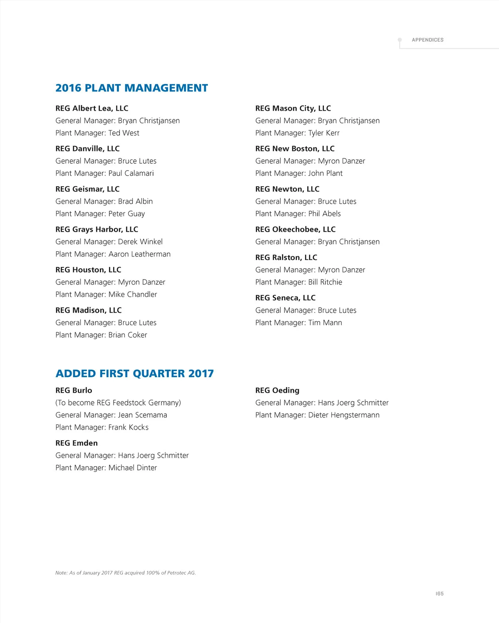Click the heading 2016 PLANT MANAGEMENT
pyautogui.click(x=131, y=88)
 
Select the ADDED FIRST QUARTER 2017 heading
pyautogui.click(x=134, y=373)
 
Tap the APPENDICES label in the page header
pyautogui.click(x=427, y=40)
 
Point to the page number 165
pyautogui.click(x=440, y=593)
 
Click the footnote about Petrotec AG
pyautogui.click(x=126, y=573)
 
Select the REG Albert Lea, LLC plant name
pyautogui.click(x=92, y=109)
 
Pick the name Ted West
pyautogui.click(x=124, y=133)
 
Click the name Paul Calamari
pyautogui.click(x=131, y=173)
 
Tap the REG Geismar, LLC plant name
pyautogui.click(x=87, y=189)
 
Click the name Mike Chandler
pyautogui.click(x=133, y=294)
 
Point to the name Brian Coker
pyautogui.click(x=128, y=335)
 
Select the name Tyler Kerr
pyautogui.click(x=324, y=133)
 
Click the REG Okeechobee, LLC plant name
pyautogui.click(x=295, y=230)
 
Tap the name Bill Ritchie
pyautogui.click(x=325, y=282)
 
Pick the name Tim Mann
pyautogui.click(x=325, y=323)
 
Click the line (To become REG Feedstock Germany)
pyautogui.click(x=118, y=403)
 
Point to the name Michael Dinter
pyautogui.click(x=133, y=468)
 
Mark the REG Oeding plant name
pyautogui.click(x=277, y=391)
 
